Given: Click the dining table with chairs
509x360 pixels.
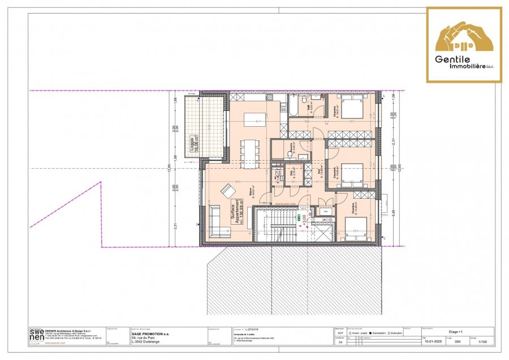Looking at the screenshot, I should [x=249, y=152].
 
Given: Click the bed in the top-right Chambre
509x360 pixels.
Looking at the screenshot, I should [x=351, y=106].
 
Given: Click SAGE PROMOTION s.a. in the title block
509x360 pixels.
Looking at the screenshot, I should [x=151, y=333].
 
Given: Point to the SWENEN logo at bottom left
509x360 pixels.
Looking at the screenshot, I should [x=36, y=336].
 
